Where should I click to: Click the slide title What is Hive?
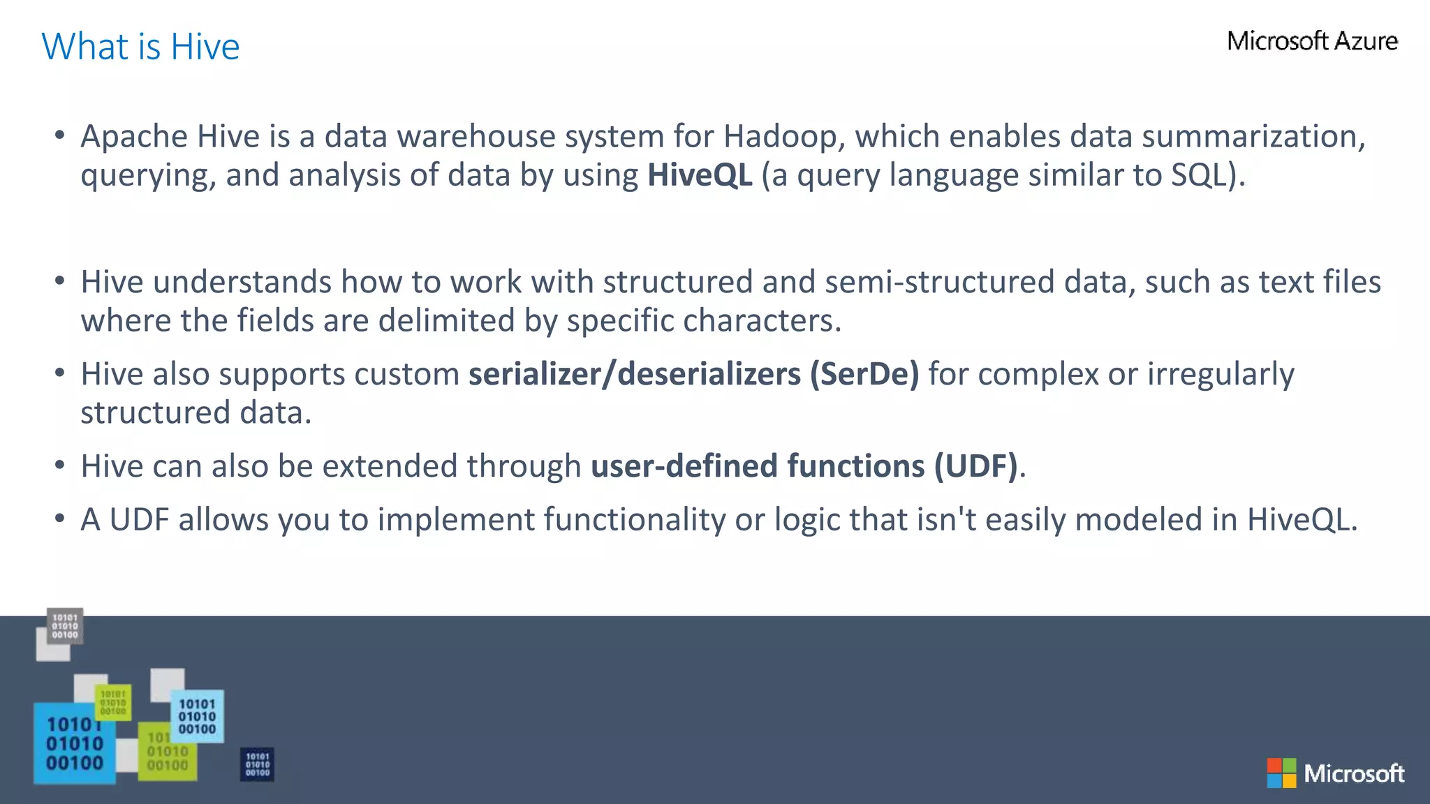coord(140,47)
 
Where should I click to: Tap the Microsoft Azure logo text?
coord(1312,41)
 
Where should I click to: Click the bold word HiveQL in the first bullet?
coord(700,175)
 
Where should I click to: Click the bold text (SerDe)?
coord(864,374)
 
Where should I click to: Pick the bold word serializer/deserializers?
coord(634,374)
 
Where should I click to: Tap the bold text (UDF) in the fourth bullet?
coord(975,466)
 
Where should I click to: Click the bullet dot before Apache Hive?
coord(60,135)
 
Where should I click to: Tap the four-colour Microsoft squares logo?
coord(1281,773)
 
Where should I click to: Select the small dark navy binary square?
coord(257,764)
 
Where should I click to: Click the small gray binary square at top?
coord(65,626)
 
